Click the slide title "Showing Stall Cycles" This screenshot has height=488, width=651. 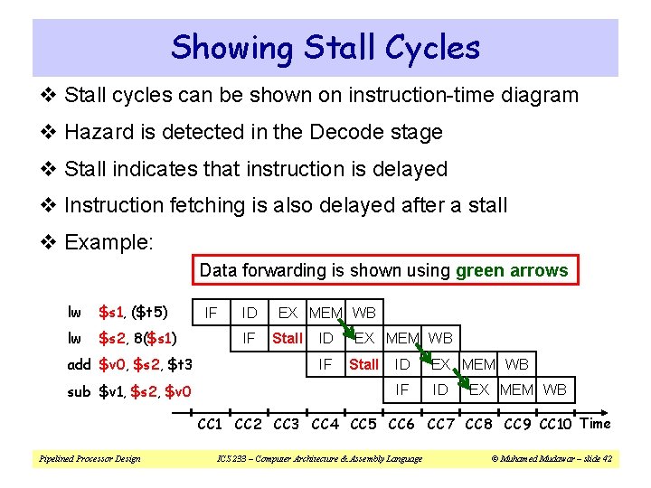(325, 47)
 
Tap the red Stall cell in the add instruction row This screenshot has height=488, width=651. (363, 365)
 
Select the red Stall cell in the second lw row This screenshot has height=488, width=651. (287, 339)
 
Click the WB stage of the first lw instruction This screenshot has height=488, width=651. (364, 313)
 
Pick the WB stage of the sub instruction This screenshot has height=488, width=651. (555, 390)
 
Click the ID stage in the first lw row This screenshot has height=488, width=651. (250, 313)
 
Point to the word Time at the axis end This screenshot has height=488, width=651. (595, 423)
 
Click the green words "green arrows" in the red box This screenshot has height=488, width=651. (512, 270)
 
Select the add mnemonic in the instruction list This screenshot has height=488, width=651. (80, 365)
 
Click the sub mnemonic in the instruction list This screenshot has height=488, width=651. (80, 391)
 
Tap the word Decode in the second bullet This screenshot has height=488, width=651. (343, 132)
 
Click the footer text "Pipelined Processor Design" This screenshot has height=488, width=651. (89, 459)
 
